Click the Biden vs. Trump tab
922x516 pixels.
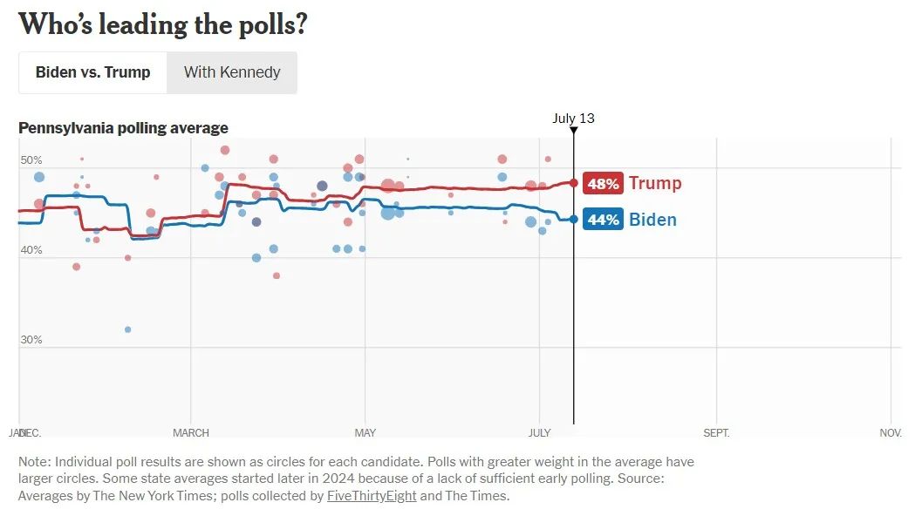(x=92, y=72)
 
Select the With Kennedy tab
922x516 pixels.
(x=232, y=72)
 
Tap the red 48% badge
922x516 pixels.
(x=603, y=184)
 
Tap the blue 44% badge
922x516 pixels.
(x=603, y=220)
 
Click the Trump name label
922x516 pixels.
(x=655, y=184)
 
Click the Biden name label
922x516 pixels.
(x=652, y=220)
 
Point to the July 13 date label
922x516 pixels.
(x=573, y=119)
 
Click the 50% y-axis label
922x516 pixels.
(x=31, y=160)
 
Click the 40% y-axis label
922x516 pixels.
(x=31, y=250)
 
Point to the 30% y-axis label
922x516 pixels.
(x=31, y=340)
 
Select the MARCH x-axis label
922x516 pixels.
(x=191, y=433)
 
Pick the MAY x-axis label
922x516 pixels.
(x=365, y=433)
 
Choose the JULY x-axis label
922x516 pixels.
(x=540, y=433)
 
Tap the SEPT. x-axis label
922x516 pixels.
(x=716, y=433)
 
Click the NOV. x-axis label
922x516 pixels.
(x=891, y=433)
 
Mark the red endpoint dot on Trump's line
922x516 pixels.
(x=573, y=183)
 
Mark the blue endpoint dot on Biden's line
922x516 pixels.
(x=573, y=219)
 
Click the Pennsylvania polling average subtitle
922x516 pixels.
(x=123, y=128)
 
